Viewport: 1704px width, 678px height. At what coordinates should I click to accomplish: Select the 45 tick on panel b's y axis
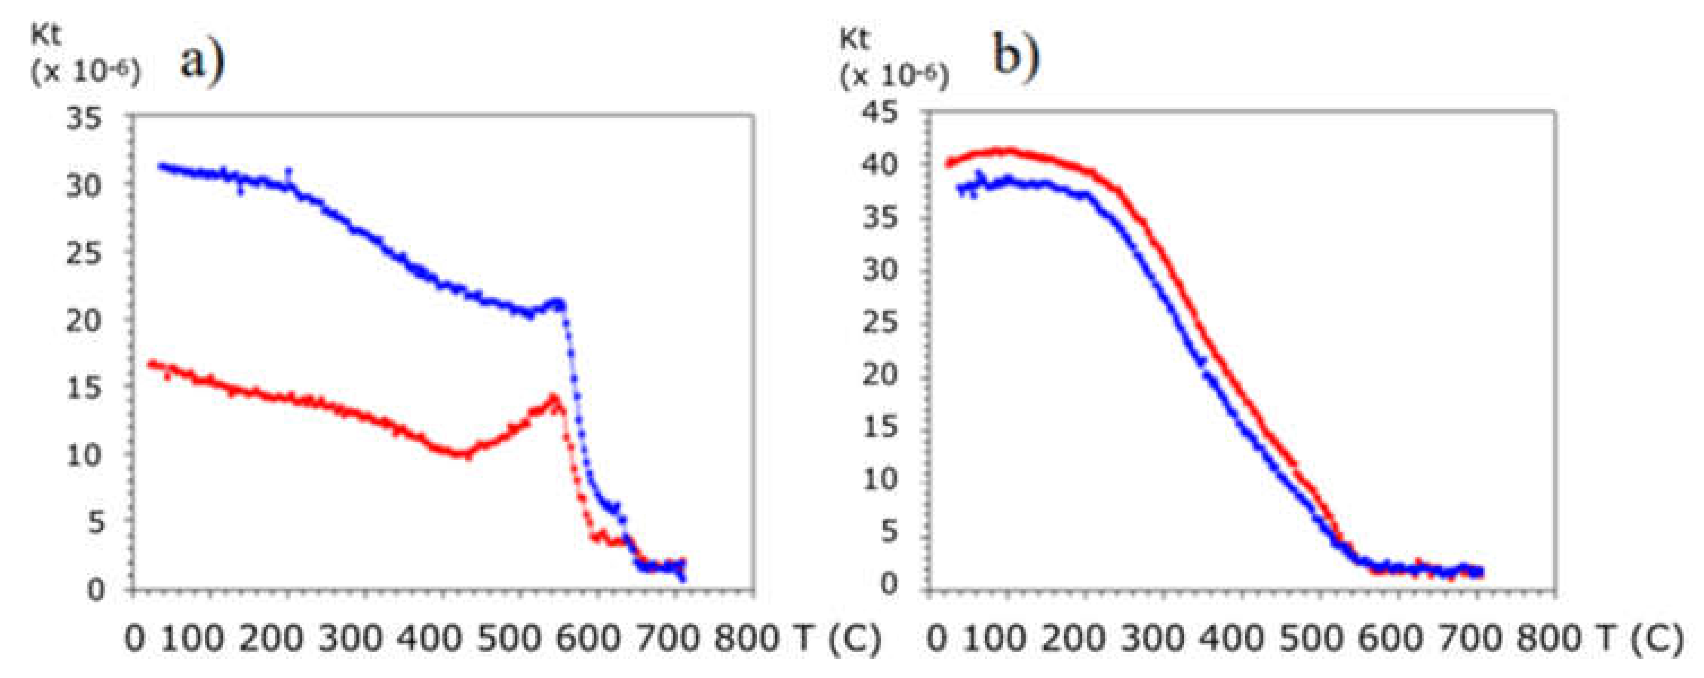(x=880, y=114)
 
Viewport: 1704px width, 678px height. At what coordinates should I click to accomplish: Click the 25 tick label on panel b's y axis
(x=880, y=323)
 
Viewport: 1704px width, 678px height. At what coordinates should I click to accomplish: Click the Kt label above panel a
(x=46, y=34)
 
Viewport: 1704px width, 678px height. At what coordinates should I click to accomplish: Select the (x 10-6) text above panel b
(x=894, y=77)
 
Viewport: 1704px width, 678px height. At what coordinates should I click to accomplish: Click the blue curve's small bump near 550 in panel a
(x=557, y=304)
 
